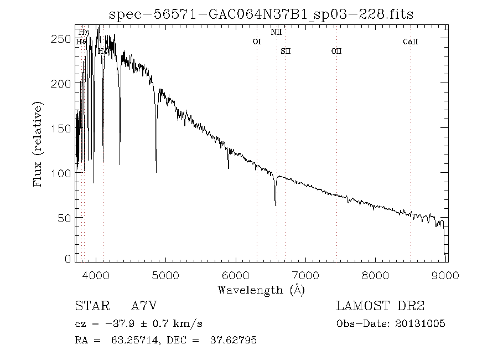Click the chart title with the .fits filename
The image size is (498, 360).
pos(261,14)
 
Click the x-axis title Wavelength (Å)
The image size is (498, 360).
pos(261,289)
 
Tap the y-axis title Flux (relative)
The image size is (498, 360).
pos(38,143)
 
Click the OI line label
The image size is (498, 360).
pos(256,42)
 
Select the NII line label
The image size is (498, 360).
pos(276,33)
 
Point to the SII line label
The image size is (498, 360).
pos(286,51)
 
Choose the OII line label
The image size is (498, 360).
pos(336,51)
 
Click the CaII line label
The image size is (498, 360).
pos(410,42)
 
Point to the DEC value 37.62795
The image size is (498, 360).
pos(233,340)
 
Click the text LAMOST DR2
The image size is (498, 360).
pos(380,306)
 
